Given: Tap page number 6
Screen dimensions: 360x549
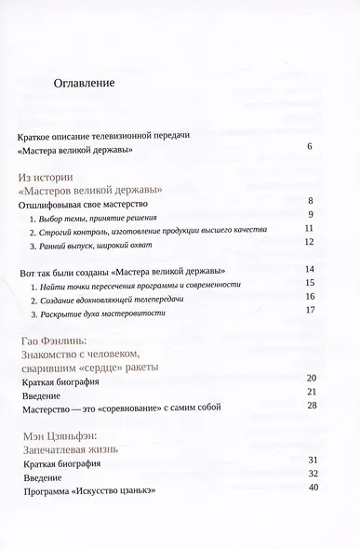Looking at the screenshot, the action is click(x=310, y=147).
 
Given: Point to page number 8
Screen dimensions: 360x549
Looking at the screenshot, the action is click(x=310, y=201).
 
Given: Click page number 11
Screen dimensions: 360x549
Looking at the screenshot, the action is click(x=310, y=228).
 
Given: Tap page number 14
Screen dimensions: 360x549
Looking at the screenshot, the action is click(x=310, y=270).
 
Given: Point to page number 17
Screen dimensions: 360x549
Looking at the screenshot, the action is click(x=310, y=310).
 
